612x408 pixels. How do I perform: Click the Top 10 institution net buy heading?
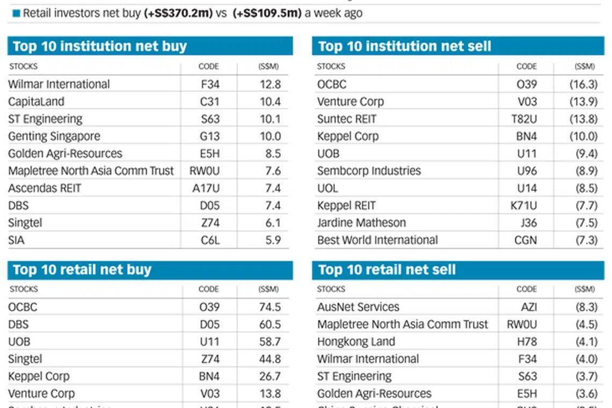click(100, 46)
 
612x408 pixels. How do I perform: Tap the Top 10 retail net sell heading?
click(387, 269)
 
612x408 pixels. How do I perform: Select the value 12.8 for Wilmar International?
click(270, 84)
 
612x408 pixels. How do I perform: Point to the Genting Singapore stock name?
click(54, 136)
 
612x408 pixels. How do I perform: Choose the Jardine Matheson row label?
click(361, 223)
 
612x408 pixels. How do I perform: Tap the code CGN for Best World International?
click(526, 240)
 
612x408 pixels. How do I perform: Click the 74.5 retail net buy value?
click(270, 307)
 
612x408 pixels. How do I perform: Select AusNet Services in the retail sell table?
click(358, 307)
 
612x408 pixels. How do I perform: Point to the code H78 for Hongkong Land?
click(527, 341)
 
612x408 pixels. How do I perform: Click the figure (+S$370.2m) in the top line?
click(178, 13)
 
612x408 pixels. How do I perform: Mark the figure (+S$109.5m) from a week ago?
click(267, 13)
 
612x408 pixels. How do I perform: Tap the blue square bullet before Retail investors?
click(16, 13)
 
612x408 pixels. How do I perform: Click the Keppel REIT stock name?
click(346, 206)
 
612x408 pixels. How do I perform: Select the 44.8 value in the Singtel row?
click(270, 359)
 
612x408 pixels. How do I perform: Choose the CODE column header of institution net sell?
click(526, 67)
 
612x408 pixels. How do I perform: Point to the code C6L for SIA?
click(210, 240)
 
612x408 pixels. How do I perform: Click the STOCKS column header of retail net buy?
click(24, 289)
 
